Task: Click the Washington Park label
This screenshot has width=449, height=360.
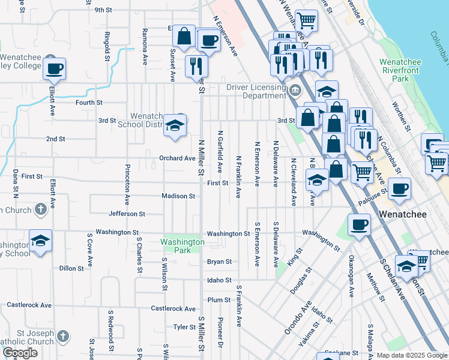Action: click(x=182, y=246)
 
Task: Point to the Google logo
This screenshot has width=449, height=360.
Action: click(x=20, y=353)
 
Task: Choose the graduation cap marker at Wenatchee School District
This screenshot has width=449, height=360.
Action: click(x=175, y=125)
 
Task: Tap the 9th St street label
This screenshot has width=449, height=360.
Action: click(x=103, y=10)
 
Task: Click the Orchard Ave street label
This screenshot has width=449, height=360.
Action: click(x=177, y=158)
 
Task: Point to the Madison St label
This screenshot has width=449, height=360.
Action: click(x=178, y=196)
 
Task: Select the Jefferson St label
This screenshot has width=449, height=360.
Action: click(x=127, y=214)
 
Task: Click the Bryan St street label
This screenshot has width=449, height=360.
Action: click(x=219, y=262)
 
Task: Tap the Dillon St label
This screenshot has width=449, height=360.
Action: click(x=71, y=268)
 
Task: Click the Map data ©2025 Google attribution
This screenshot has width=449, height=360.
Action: click(x=412, y=355)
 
